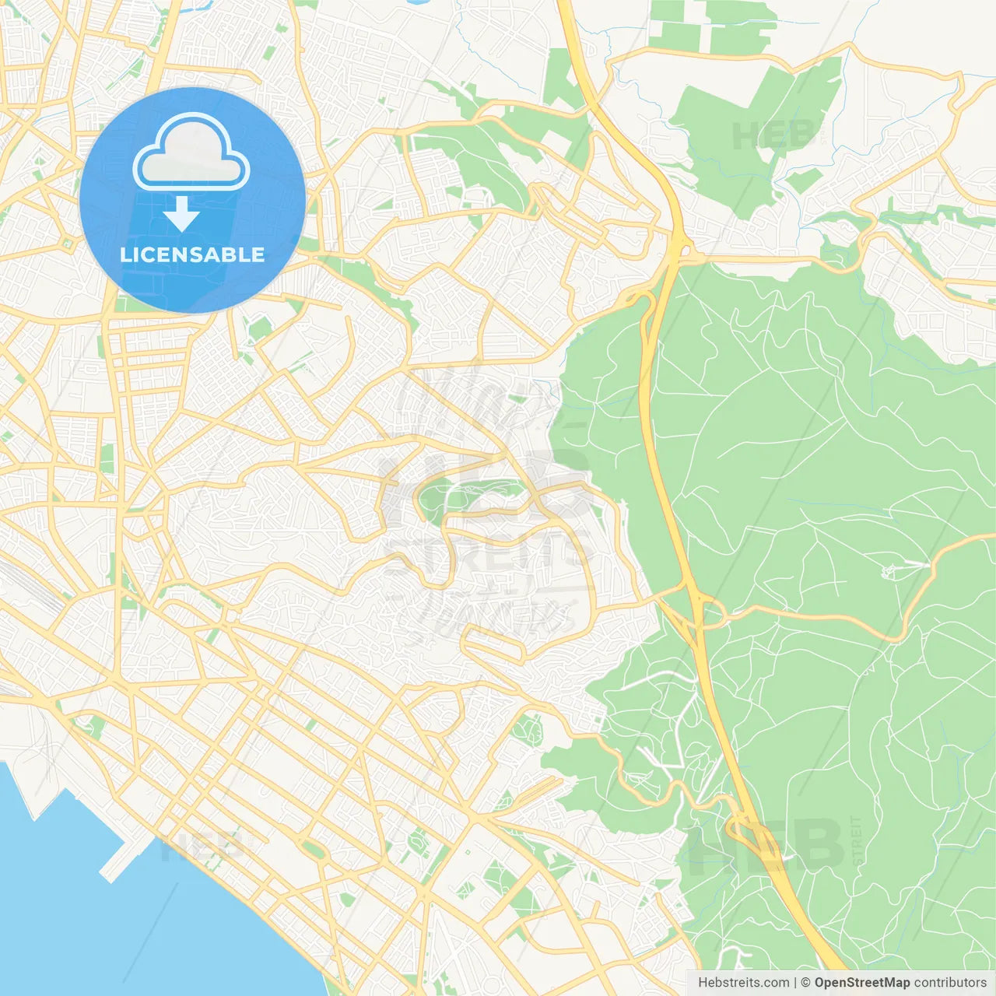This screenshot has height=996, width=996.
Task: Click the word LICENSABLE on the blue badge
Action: (192, 255)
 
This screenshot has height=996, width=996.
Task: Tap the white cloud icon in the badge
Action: (191, 155)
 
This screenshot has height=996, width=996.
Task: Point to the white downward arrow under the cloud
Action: (181, 213)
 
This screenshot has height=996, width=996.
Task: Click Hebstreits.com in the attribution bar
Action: (743, 983)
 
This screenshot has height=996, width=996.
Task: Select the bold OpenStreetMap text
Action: (861, 983)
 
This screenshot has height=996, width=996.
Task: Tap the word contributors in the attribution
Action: (950, 983)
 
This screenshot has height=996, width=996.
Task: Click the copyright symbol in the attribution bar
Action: (805, 983)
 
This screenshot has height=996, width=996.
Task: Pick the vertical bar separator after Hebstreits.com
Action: (795, 983)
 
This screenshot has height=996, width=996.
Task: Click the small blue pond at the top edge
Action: (416, 2)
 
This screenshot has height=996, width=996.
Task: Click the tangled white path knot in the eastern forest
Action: (891, 572)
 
